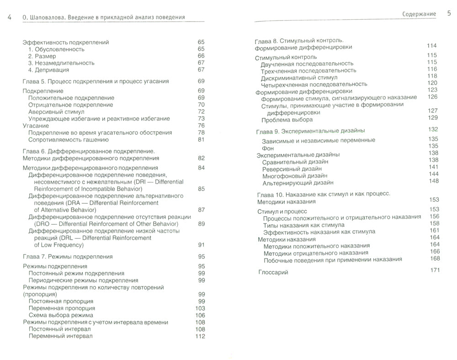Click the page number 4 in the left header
(10, 17)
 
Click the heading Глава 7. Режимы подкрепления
(67, 256)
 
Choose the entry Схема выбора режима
(61, 315)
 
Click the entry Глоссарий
(274, 272)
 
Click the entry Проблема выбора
(287, 120)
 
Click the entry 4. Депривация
(48, 70)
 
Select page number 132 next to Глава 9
(433, 129)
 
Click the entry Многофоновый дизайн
(292, 175)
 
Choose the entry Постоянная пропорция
(61, 302)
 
